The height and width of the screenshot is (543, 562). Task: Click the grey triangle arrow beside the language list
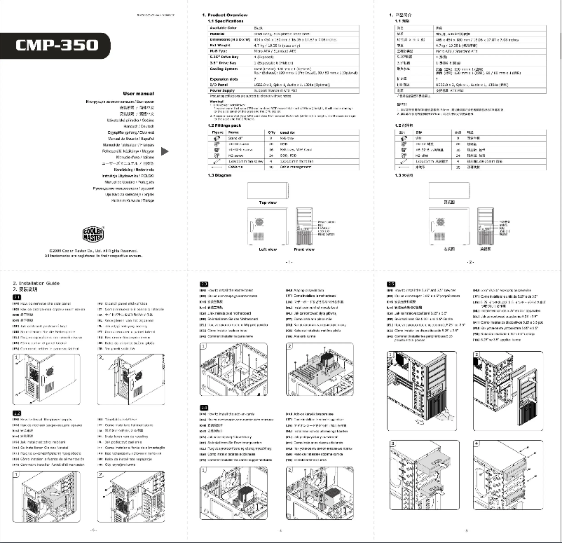(x=165, y=151)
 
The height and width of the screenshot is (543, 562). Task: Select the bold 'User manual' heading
(x=138, y=93)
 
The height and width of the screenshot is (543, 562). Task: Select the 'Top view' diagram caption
(x=268, y=202)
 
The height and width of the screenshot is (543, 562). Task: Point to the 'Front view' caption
(x=304, y=249)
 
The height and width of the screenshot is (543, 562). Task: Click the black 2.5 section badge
(x=391, y=283)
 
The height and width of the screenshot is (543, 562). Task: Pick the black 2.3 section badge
(x=204, y=283)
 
